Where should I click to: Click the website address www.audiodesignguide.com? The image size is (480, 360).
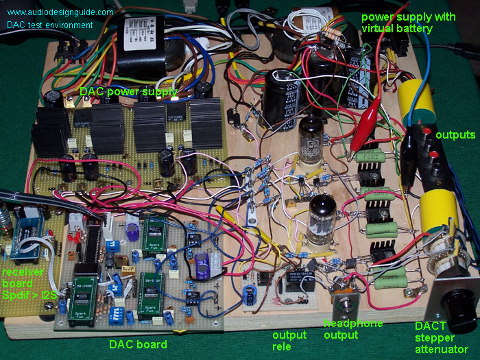click(x=60, y=12)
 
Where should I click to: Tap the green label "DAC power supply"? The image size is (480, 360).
click(x=128, y=91)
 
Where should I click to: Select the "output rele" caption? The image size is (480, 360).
click(x=289, y=340)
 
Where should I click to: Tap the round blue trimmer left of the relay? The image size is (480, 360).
click(x=248, y=294)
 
